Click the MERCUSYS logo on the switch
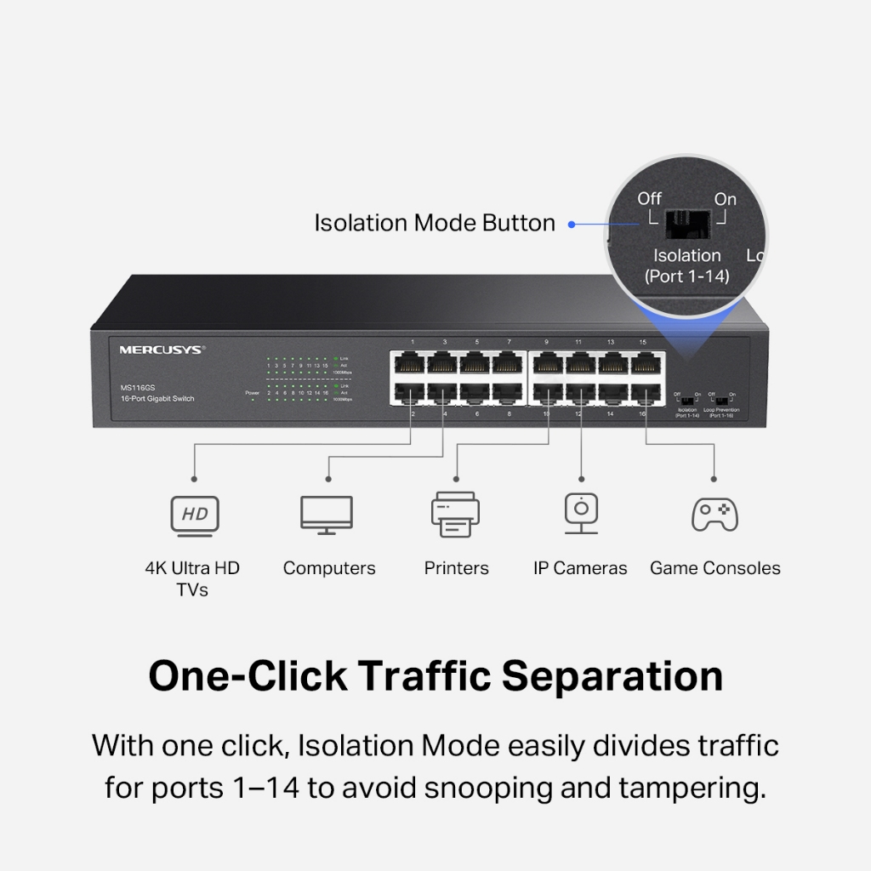tap(162, 349)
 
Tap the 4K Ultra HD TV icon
tap(195, 515)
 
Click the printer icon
tap(455, 515)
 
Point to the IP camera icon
tap(581, 513)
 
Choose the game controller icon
tap(714, 515)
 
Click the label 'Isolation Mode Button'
tap(435, 224)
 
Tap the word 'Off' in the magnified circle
tap(650, 199)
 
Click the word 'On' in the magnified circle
tap(726, 199)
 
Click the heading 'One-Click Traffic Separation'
tap(435, 676)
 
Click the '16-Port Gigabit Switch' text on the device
tap(157, 399)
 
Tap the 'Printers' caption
tap(457, 568)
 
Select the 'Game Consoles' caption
tap(714, 568)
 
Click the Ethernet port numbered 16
tap(643, 394)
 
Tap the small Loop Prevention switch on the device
tap(721, 398)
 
